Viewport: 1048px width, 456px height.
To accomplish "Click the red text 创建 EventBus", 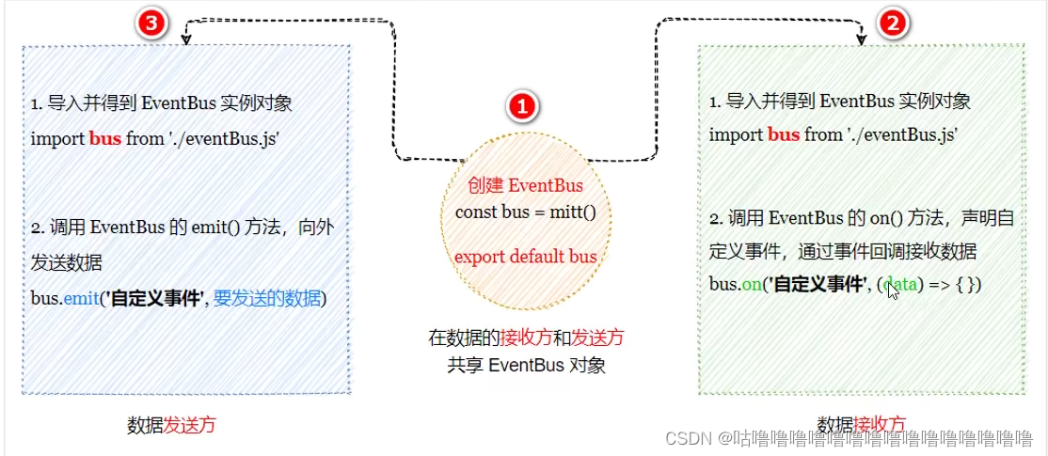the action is pos(525,185).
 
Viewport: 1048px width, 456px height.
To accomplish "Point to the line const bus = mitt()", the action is pos(525,211).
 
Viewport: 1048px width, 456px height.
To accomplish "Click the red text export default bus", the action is pos(525,256).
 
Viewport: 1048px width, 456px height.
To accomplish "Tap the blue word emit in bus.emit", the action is pos(81,298).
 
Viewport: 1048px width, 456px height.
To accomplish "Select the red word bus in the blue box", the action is pos(104,138).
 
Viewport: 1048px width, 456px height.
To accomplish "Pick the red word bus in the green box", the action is pos(784,134).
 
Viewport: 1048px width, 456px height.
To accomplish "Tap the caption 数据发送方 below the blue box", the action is pos(171,424).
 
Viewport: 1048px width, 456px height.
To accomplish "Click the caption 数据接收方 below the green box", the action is pos(861,423).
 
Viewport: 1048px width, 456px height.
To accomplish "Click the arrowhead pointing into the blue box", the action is pos(186,39).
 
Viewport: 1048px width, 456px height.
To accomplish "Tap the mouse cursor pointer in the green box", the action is pos(892,290).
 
